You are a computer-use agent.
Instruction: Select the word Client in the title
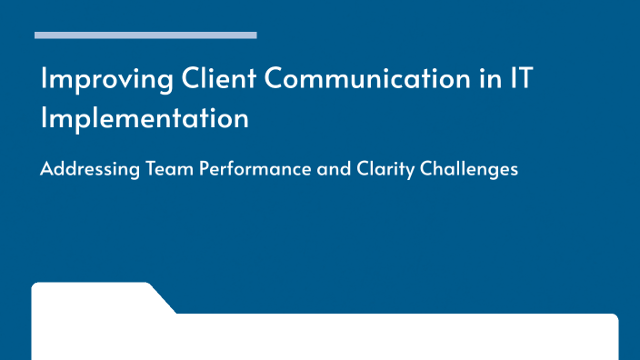click(x=218, y=79)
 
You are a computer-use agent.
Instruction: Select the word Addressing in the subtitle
click(x=89, y=170)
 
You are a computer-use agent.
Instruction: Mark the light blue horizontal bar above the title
click(x=145, y=35)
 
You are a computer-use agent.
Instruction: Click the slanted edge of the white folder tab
click(x=163, y=298)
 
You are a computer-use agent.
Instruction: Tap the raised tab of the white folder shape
click(x=91, y=296)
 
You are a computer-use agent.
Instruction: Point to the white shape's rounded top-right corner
click(x=614, y=318)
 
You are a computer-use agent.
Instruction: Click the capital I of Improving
click(x=44, y=79)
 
